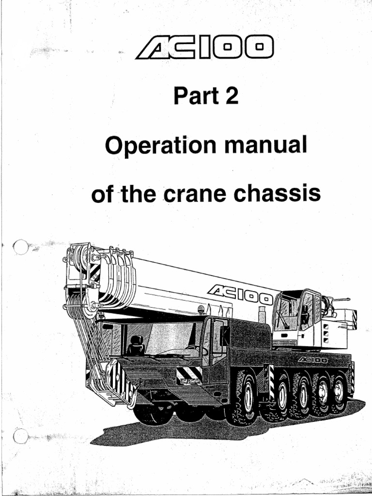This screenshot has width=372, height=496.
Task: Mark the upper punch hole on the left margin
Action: coord(21,248)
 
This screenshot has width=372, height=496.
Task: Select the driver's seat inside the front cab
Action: coord(135,344)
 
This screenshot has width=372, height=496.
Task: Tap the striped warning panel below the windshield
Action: coord(188,374)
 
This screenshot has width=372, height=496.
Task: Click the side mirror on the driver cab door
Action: coord(225,335)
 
